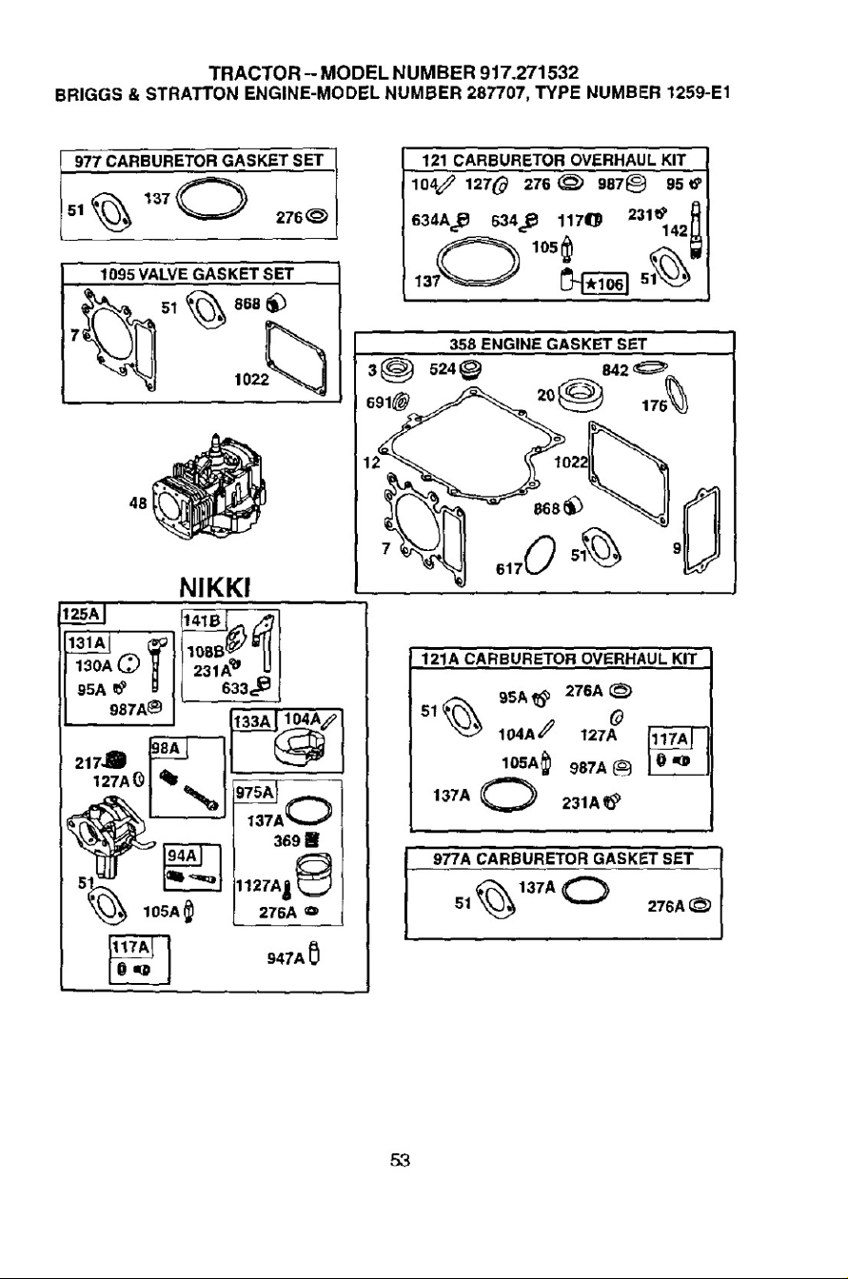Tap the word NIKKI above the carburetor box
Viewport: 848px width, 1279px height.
(215, 587)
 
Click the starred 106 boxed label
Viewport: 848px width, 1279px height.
(604, 284)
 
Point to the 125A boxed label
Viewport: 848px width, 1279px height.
(82, 614)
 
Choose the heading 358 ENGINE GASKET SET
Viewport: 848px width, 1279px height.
(547, 344)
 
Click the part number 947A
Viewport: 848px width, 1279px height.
(286, 958)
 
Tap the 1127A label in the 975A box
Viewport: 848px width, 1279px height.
(259, 886)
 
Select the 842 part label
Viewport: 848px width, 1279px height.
(615, 370)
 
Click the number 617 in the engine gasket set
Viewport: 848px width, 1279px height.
(509, 569)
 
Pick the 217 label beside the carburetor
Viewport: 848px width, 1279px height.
(89, 763)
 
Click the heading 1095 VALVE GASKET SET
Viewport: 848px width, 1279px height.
(196, 274)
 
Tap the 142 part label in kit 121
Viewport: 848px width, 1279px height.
(675, 231)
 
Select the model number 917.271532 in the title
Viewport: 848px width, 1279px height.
(529, 73)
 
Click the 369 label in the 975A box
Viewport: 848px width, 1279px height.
(286, 840)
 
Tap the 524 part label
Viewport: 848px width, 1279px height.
(443, 369)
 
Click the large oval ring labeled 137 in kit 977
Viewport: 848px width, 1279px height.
(211, 202)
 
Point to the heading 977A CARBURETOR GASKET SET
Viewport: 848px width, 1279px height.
(562, 858)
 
